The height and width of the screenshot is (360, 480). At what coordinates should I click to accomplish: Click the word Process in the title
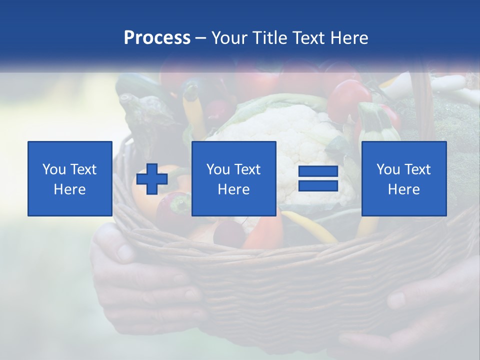point(157,38)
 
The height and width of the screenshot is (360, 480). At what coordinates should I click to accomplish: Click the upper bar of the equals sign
point(318,172)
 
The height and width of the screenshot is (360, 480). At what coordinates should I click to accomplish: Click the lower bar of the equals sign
point(318,186)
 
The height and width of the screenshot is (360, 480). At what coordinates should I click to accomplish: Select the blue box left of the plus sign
point(70,178)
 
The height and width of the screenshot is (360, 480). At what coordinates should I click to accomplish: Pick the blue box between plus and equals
point(233,178)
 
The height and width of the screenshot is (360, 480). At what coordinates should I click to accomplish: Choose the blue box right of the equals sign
point(403,178)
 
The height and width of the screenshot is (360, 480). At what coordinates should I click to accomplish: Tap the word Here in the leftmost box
point(70,189)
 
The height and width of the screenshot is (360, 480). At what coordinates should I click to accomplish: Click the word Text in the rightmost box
point(417,169)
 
